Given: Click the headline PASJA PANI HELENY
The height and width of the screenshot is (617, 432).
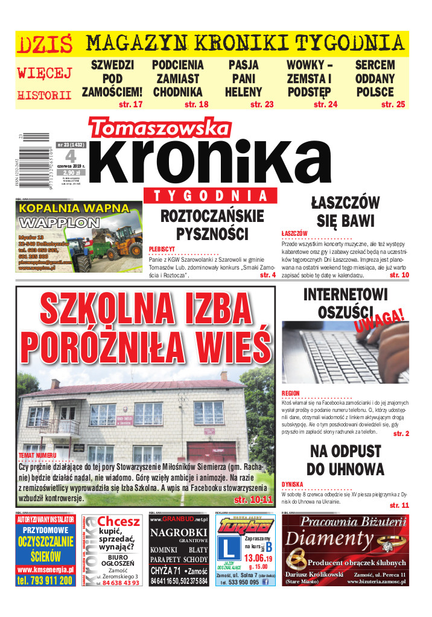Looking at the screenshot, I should pyautogui.click(x=244, y=78).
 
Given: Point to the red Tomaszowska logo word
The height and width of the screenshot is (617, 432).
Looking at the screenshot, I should pyautogui.click(x=159, y=128).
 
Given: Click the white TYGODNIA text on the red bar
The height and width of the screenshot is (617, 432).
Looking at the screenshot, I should pyautogui.click(x=209, y=196).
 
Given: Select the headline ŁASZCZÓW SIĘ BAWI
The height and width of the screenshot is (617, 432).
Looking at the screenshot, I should pyautogui.click(x=346, y=211).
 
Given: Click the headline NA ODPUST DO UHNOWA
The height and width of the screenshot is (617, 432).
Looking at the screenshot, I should pyautogui.click(x=345, y=460).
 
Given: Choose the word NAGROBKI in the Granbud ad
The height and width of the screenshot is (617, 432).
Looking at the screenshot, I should pyautogui.click(x=179, y=533).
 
